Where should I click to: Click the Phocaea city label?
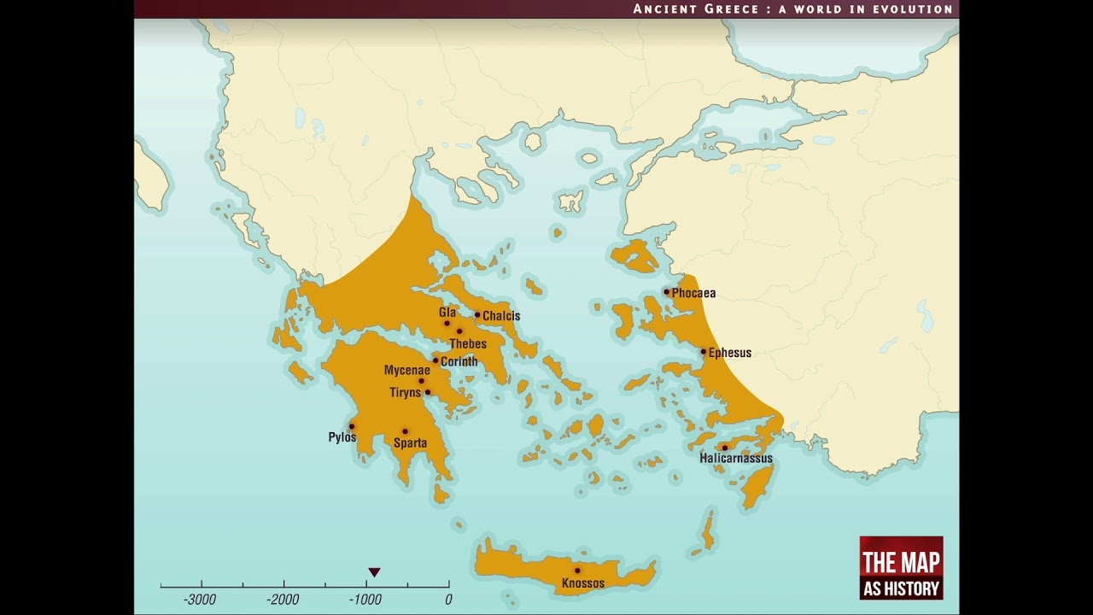(x=693, y=293)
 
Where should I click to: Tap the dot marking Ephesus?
(x=704, y=351)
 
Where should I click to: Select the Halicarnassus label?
(x=735, y=459)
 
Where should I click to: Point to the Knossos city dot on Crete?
(x=577, y=571)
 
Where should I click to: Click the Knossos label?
(x=583, y=584)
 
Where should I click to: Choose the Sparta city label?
(x=410, y=443)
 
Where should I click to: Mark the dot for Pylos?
(x=351, y=426)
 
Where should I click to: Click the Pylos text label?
(x=342, y=438)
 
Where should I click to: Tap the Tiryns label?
(x=406, y=393)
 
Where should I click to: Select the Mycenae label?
(x=406, y=371)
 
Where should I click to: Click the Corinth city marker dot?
(x=435, y=360)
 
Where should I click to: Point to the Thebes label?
(x=468, y=344)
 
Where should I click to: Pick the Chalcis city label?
(x=501, y=316)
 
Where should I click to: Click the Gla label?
(x=447, y=313)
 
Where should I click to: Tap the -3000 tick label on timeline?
(x=200, y=600)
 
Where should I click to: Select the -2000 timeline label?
(x=283, y=600)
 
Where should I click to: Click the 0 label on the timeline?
(x=448, y=600)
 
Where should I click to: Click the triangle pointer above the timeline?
(x=374, y=572)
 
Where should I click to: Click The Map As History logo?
(x=901, y=568)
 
